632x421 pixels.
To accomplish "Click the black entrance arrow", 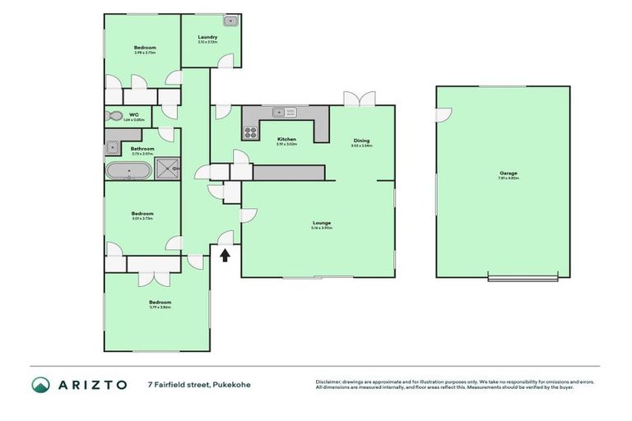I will tap(225, 255).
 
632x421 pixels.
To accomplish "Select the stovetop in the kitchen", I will tap(249, 130).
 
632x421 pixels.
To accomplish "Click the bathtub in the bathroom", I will tap(127, 170).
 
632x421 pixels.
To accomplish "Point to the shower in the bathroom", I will tap(168, 169).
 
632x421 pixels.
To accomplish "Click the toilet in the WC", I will tap(114, 116).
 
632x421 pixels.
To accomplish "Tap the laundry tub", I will tap(230, 21).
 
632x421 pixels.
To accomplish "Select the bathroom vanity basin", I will tap(110, 148).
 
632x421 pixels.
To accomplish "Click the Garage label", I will tap(502, 173).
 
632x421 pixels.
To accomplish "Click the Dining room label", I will tap(361, 141).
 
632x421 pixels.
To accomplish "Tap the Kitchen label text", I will tap(286, 139).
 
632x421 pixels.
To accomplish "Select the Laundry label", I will tap(207, 37).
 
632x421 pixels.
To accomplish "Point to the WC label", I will tap(133, 115).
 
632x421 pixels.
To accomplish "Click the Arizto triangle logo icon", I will tap(41, 384).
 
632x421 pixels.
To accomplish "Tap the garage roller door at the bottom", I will tap(516, 277).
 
